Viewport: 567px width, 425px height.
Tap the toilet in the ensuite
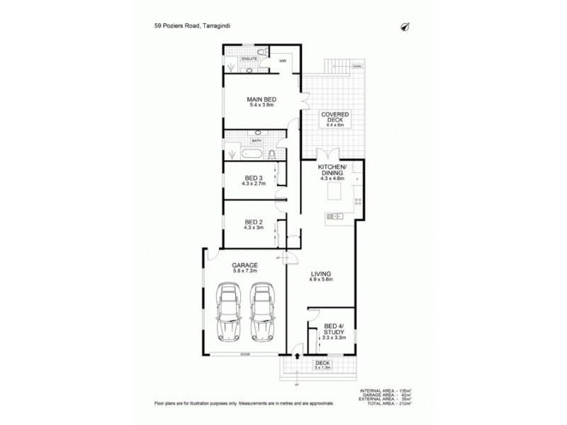coord(263,52)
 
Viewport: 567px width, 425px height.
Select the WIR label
coord(281,61)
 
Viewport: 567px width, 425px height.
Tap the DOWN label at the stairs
coord(357,66)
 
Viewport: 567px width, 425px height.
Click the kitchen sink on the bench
coord(332,216)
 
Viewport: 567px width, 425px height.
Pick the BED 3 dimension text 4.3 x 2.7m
coord(253,184)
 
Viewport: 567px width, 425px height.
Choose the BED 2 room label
coord(253,222)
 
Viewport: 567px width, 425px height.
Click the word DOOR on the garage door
coord(245,353)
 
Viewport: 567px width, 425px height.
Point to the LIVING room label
coord(321,273)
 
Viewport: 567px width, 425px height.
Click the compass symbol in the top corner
coord(406,27)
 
